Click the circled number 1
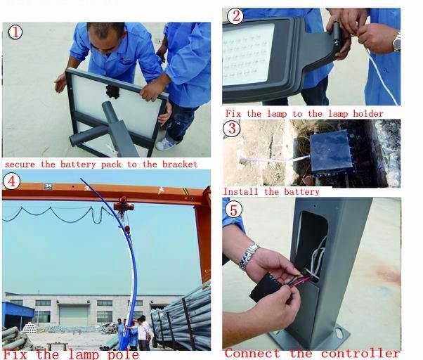tap(15, 32)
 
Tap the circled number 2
tap(235, 16)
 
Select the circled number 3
tap(232, 129)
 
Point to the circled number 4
tap(11, 181)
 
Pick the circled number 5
tap(233, 210)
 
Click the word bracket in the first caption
tap(180, 165)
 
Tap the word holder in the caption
tap(368, 114)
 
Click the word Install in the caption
tap(240, 192)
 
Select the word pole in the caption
tap(123, 354)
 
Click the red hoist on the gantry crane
tap(124, 205)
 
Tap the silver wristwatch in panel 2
tap(396, 41)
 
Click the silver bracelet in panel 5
tap(249, 256)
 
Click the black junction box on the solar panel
tap(112, 91)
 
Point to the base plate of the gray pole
tap(311, 339)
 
